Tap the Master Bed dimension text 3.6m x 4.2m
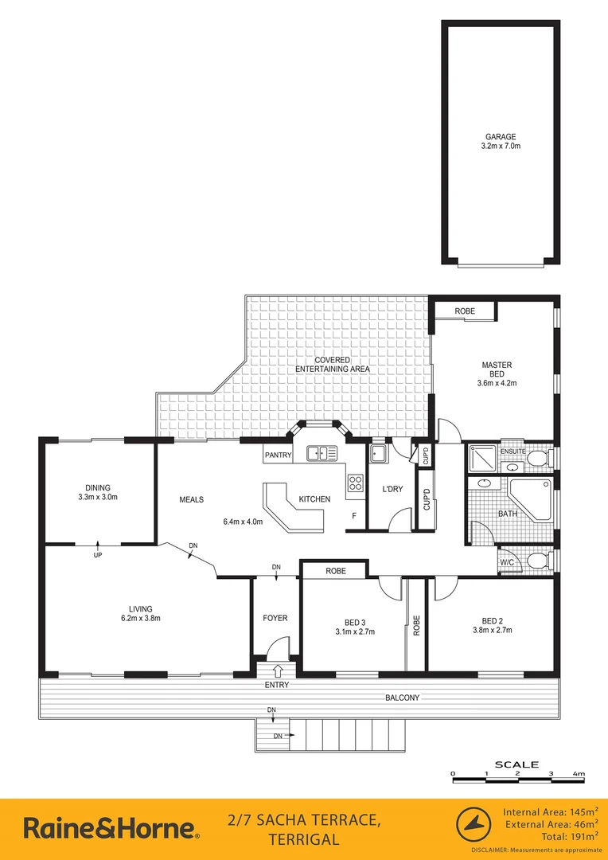[497, 382]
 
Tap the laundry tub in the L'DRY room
[378, 454]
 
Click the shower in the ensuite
[481, 458]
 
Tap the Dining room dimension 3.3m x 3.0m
[98, 497]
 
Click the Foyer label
[275, 618]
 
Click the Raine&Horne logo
[110, 829]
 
